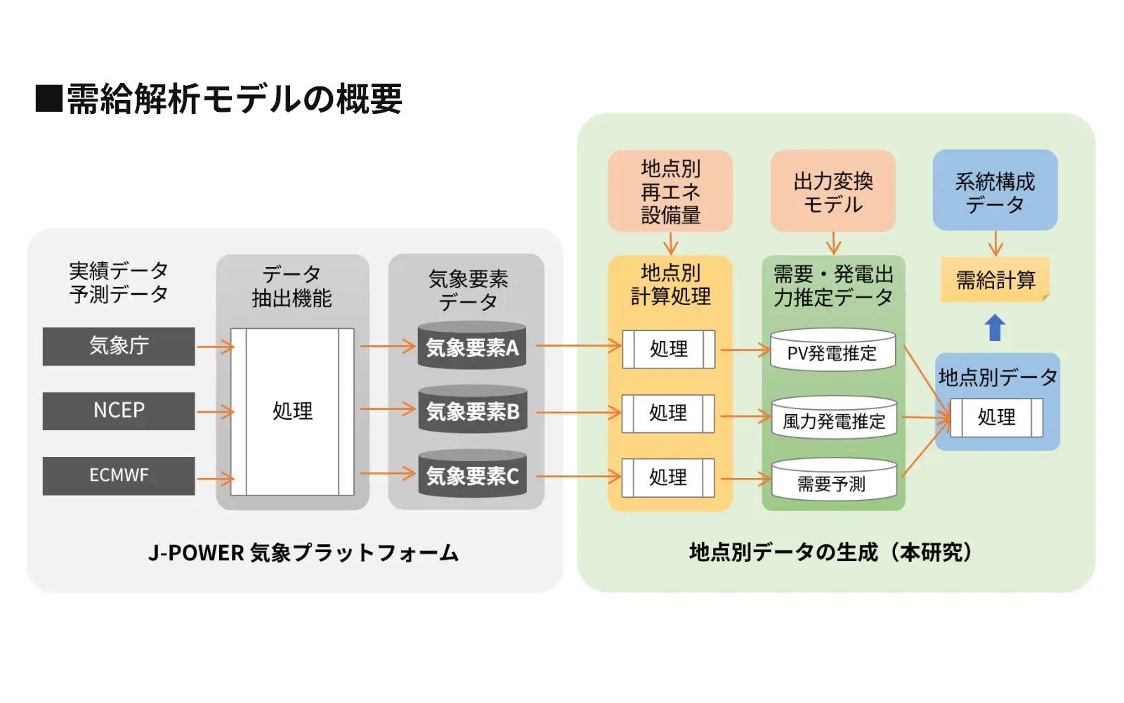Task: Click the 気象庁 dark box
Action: click(119, 346)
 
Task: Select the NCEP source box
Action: click(119, 411)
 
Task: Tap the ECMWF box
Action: click(119, 476)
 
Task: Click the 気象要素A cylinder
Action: click(472, 346)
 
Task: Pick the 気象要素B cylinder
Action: click(472, 410)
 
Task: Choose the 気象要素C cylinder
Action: click(472, 475)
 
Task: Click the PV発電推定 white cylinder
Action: click(832, 351)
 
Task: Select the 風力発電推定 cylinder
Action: click(834, 419)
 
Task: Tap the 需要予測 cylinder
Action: click(834, 481)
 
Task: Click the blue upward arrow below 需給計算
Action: click(995, 328)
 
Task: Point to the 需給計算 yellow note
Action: click(995, 280)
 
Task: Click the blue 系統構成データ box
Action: click(995, 191)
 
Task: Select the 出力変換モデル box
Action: click(832, 191)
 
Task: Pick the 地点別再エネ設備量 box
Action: click(670, 191)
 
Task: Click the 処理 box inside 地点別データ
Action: click(996, 418)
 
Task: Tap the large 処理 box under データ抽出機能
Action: click(292, 411)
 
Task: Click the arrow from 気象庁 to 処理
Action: click(215, 347)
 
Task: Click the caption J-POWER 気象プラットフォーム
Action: click(303, 553)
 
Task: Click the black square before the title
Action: click(48, 98)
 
